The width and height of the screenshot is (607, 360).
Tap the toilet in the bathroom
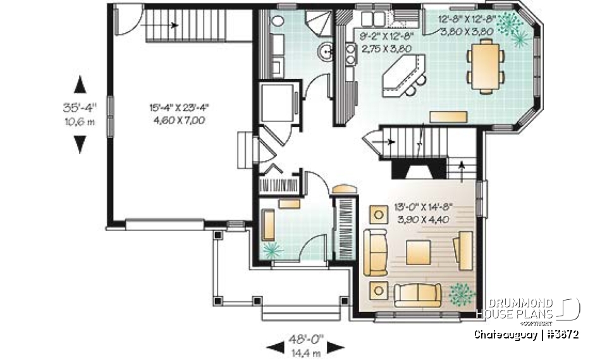pyautogui.click(x=279, y=20)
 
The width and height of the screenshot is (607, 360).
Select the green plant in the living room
pyautogui.click(x=461, y=294)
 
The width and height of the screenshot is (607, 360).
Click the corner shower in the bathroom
pyautogui.click(x=317, y=23)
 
